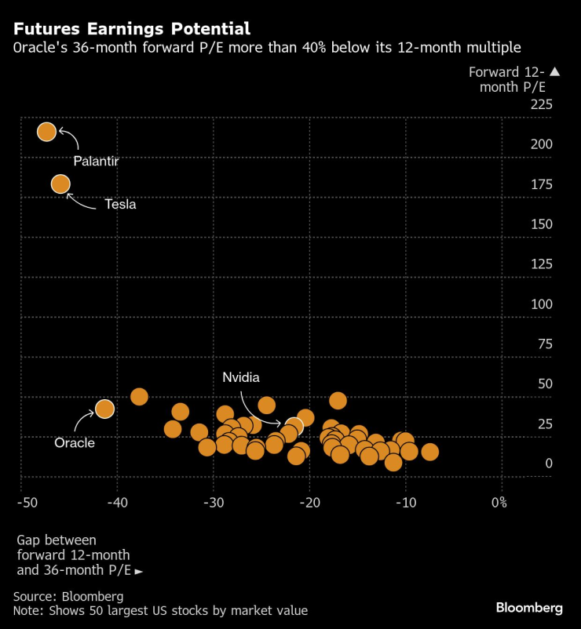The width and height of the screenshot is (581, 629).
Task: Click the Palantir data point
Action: [x=46, y=132]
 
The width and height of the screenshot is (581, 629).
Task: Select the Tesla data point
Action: [x=60, y=184]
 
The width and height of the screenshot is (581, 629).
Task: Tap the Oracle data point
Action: [x=104, y=409]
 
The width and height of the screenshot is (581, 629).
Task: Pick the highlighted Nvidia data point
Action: [x=294, y=426]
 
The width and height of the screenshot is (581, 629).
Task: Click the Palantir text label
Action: [x=95, y=161]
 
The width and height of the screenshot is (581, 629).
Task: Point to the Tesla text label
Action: [x=120, y=204]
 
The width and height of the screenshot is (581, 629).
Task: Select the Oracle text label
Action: [x=75, y=443]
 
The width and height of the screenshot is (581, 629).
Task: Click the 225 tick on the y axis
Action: [x=542, y=104]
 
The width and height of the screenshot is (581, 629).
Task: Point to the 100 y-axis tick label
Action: [x=542, y=304]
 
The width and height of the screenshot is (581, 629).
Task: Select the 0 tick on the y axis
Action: [x=550, y=464]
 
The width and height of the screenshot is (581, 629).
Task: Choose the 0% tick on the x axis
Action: [x=498, y=502]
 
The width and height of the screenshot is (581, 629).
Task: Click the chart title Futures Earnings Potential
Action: [x=132, y=29]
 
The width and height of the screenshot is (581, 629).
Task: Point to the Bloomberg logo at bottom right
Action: [x=529, y=608]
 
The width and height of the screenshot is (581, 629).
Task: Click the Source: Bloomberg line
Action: [x=68, y=596]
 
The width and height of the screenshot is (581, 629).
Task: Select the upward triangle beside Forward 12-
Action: [x=554, y=72]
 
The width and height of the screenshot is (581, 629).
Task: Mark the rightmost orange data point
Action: [x=429, y=452]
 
